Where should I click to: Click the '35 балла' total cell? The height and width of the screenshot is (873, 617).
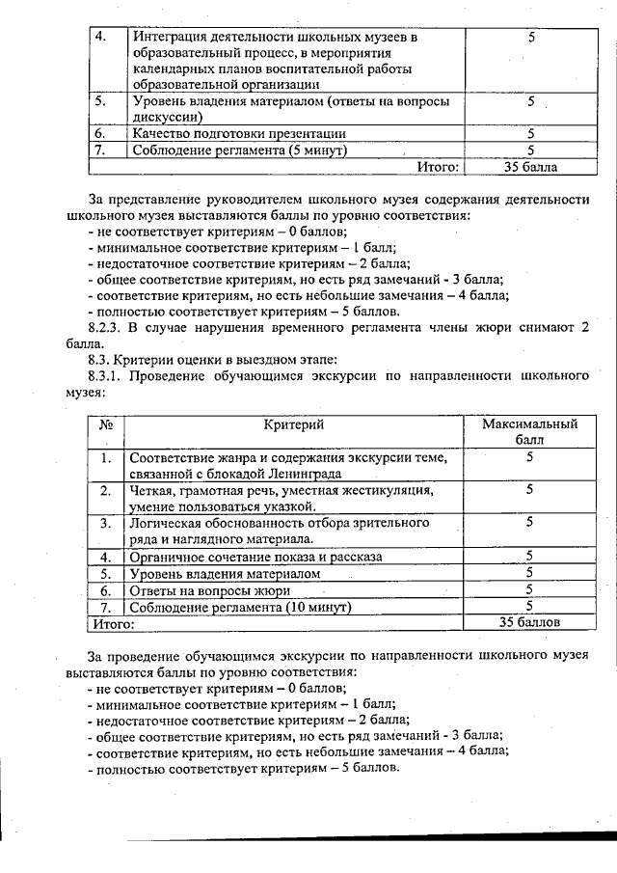click(530, 167)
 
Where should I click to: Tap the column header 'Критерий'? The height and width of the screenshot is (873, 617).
click(294, 424)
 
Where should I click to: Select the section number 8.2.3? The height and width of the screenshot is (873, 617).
click(108, 327)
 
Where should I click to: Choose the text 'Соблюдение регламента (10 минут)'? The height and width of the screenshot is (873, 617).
click(242, 607)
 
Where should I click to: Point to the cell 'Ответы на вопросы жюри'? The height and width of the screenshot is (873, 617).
click(210, 589)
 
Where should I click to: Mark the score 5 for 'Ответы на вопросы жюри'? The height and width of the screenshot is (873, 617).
click(529, 589)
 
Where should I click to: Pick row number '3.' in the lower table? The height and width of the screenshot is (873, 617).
click(106, 523)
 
